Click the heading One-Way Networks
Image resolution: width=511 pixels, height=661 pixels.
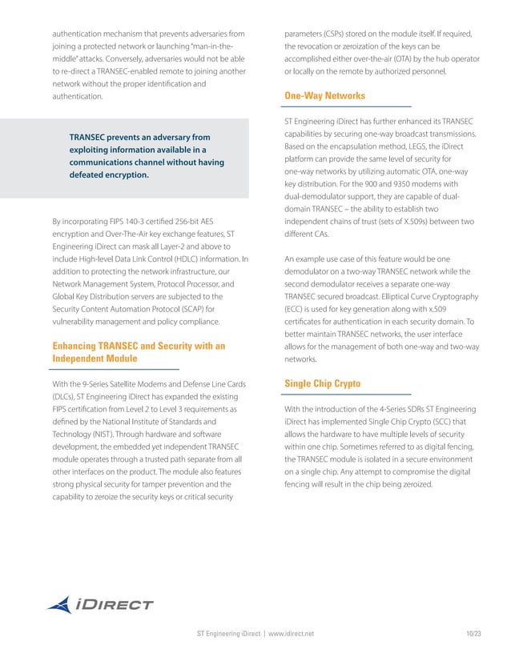pyautogui.click(x=325, y=96)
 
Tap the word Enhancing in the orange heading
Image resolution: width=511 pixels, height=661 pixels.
pyautogui.click(x=79, y=346)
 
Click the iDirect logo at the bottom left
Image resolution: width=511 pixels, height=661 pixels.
pyautogui.click(x=100, y=606)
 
